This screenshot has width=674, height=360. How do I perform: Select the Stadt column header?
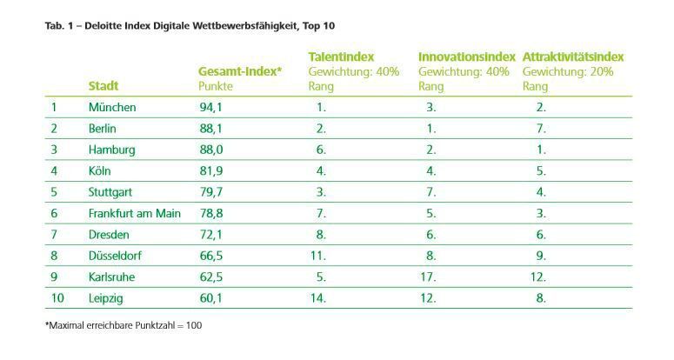click(103, 86)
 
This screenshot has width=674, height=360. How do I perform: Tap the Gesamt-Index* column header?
click(240, 71)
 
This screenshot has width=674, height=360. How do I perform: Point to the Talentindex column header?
click(341, 57)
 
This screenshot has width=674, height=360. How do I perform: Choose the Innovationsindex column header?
click(466, 57)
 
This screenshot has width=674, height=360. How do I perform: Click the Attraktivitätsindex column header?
click(573, 57)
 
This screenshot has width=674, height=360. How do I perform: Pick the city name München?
click(112, 108)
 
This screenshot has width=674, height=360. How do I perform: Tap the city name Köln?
click(100, 171)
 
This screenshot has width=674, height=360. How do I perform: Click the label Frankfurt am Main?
click(135, 214)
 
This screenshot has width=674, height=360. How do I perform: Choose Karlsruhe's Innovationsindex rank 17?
click(427, 277)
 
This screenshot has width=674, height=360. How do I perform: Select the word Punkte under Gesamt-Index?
click(217, 86)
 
